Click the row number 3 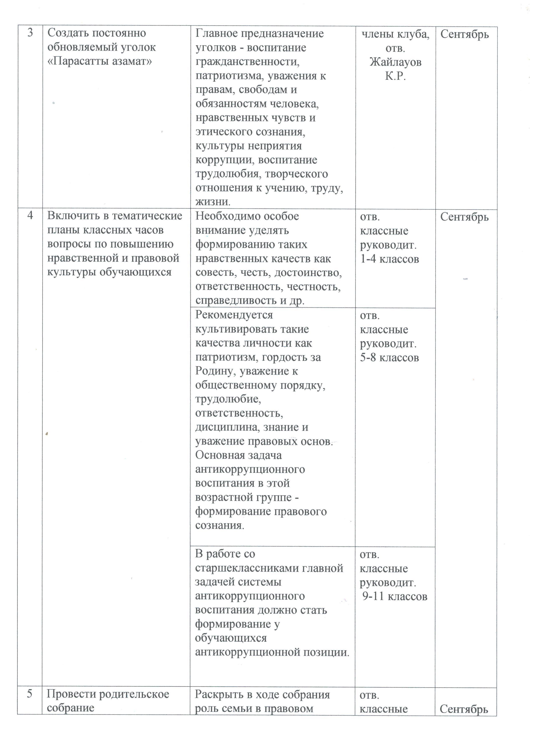coord(30,33)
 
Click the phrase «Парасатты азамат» coord(99,61)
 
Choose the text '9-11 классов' coord(395,596)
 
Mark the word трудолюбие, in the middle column coord(228,399)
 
